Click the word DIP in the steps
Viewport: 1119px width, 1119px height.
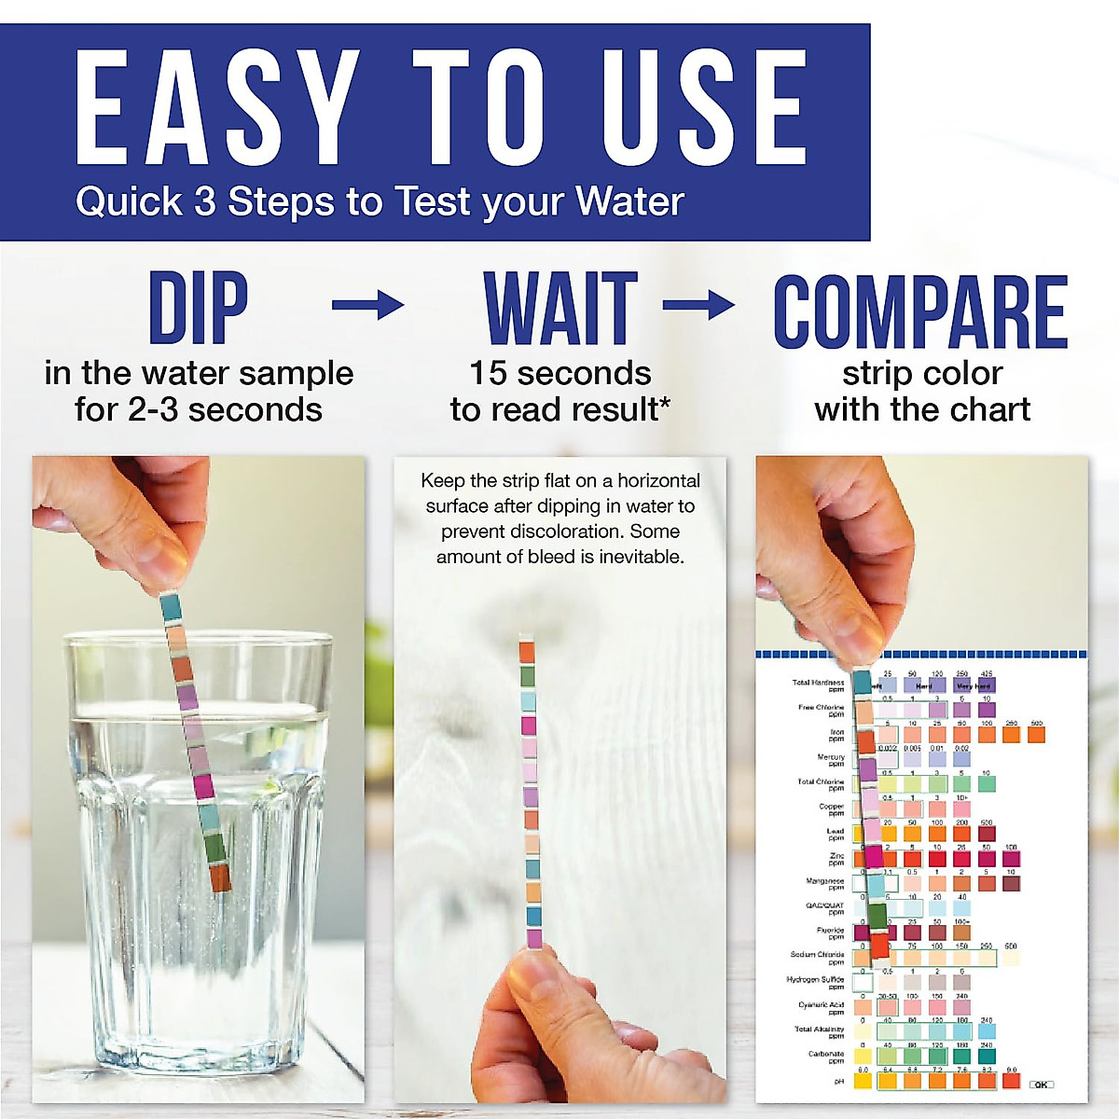pos(198,307)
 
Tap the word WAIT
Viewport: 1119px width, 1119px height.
pos(560,308)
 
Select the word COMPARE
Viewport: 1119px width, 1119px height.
pos(920,311)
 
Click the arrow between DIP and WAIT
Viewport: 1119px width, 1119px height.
pos(368,305)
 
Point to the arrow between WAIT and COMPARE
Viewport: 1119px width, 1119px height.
pos(698,305)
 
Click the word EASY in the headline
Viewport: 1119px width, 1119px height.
pos(217,108)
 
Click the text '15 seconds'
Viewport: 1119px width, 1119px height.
pos(559,373)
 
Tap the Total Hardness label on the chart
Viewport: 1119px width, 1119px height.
pos(818,685)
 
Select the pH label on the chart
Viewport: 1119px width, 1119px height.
pos(839,1082)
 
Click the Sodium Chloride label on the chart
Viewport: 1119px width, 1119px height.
pos(817,958)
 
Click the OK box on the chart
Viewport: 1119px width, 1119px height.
pos(1042,1084)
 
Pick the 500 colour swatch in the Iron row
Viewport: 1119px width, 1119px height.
pos(1036,735)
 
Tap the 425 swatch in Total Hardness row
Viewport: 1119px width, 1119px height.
pos(987,685)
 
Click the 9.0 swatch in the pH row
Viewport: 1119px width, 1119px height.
pos(1012,1081)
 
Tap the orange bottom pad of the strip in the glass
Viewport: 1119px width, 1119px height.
pos(220,877)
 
